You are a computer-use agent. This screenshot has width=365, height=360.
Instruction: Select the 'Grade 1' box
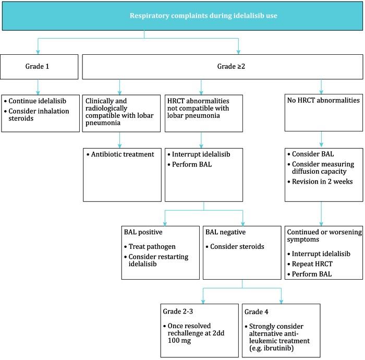pyautogui.click(x=39, y=67)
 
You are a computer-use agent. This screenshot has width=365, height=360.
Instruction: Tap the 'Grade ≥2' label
pyautogui.click(x=223, y=67)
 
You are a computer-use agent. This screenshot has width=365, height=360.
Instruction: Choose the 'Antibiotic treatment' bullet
pyautogui.click(x=121, y=155)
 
